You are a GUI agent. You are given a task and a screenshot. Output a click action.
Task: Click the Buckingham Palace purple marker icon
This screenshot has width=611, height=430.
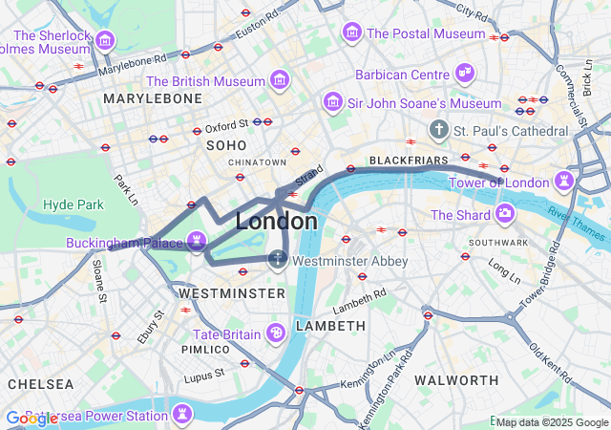198,241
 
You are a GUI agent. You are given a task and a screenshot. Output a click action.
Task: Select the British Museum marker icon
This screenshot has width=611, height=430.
280,78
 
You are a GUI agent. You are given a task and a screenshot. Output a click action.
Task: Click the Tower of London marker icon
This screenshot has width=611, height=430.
566,181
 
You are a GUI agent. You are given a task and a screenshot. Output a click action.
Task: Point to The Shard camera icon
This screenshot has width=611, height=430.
504,213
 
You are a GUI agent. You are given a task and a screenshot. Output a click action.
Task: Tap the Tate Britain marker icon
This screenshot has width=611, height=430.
276,333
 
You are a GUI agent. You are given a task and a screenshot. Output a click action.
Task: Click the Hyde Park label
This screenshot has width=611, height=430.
74,204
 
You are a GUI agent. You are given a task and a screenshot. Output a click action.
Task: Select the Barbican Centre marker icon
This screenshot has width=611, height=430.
465,73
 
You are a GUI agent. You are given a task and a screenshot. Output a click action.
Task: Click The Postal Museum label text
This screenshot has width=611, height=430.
426,33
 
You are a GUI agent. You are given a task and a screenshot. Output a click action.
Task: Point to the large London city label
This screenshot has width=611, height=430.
277,221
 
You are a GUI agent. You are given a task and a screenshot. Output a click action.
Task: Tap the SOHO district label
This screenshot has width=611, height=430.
226,145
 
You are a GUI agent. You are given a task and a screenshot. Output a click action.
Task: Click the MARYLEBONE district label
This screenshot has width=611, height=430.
153,98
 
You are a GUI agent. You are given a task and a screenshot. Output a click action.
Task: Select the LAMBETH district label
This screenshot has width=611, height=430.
330,326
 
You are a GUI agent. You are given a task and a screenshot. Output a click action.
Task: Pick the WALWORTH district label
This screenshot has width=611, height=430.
451,380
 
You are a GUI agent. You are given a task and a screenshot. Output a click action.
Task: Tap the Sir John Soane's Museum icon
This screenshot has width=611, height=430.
333,101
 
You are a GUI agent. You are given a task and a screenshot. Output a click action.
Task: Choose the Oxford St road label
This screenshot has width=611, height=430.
226,124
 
